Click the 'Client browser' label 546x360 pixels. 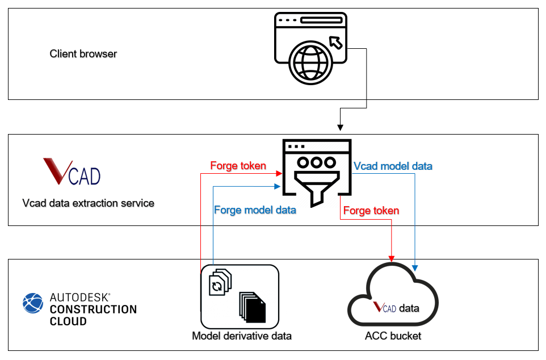83,54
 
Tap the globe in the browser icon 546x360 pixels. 310,62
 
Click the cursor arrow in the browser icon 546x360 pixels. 335,42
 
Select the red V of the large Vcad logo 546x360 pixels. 57,171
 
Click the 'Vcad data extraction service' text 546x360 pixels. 88,203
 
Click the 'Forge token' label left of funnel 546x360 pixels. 238,166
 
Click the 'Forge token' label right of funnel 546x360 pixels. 371,211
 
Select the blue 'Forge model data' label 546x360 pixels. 255,210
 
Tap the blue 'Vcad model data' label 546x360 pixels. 393,166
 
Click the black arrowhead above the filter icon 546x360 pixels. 340,128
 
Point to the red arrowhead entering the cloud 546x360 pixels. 392,258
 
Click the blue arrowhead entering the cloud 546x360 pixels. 415,268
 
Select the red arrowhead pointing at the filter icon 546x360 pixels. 279,173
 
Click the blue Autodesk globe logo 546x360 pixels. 33,303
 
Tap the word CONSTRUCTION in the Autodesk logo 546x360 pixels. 93,309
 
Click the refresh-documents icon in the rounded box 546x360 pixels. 220,282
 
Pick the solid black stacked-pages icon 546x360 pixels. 253,307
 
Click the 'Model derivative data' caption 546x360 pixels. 242,336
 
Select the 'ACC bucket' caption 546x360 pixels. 393,336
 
